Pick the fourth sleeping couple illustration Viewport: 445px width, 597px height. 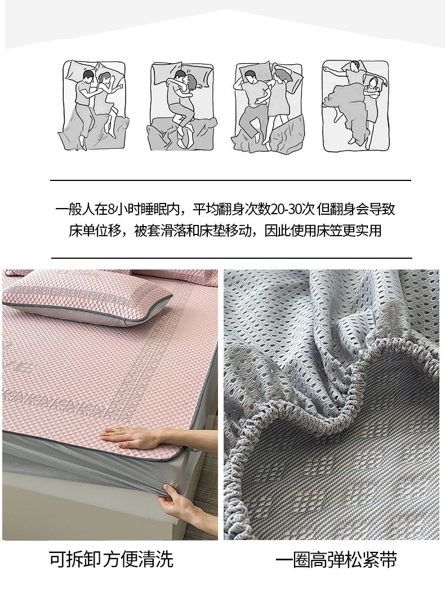[355, 105]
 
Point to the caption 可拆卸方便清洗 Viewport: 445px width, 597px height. [111, 559]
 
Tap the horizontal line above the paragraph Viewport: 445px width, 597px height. [230, 180]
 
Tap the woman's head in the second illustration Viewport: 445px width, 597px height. [192, 82]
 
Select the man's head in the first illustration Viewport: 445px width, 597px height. [88, 77]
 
